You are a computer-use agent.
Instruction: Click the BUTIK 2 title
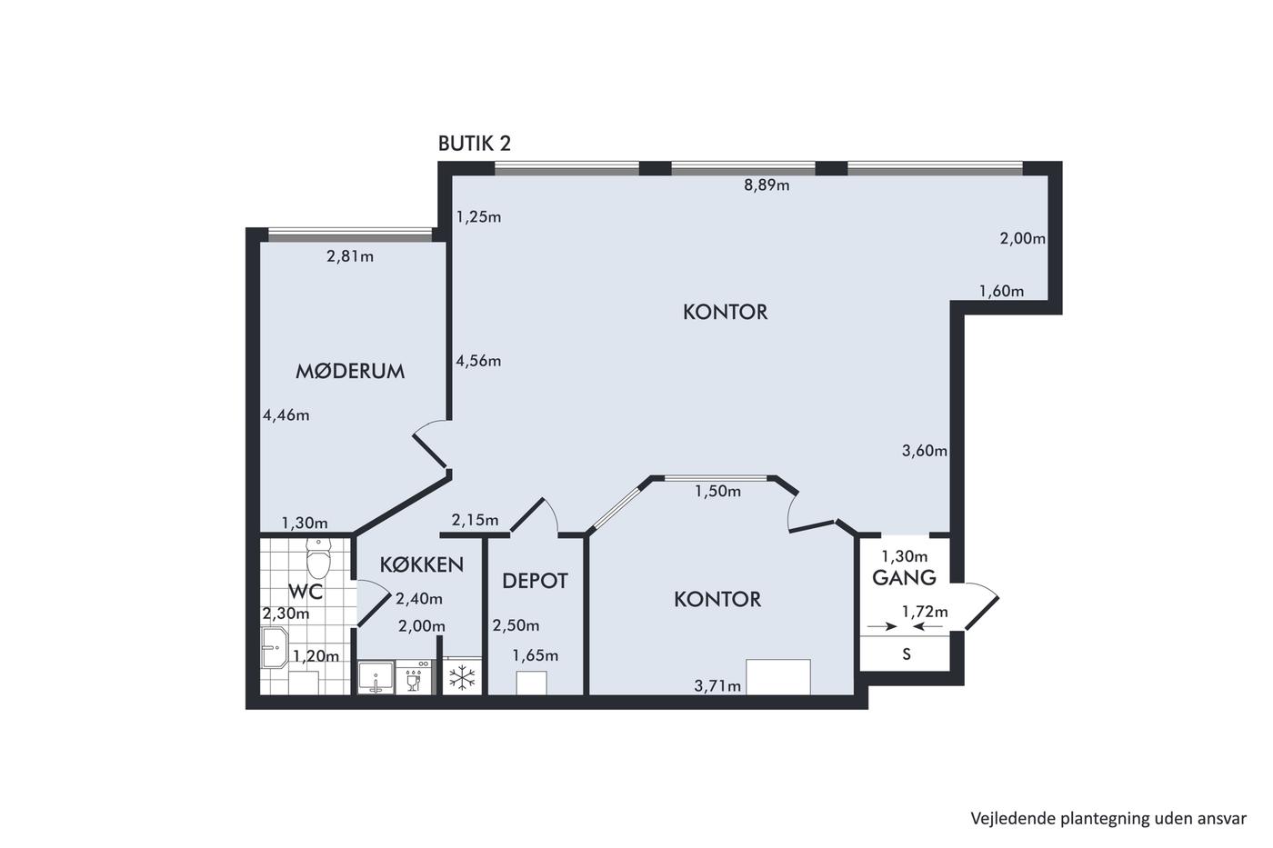coord(475,144)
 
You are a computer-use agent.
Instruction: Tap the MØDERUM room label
coord(350,372)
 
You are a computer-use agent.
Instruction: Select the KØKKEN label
coord(422,564)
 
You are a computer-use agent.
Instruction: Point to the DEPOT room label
coord(535,581)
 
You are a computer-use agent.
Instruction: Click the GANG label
coord(904,578)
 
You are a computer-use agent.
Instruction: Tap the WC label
coord(306,592)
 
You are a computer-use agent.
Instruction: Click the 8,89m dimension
coord(767,185)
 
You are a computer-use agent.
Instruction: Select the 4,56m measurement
coord(478,361)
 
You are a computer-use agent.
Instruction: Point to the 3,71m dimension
coord(717,686)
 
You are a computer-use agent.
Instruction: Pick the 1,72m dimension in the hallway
coord(926,612)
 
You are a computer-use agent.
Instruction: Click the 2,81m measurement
coord(350,256)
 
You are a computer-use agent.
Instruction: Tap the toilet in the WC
coord(318,557)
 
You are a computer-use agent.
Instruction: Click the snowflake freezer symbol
coord(462,679)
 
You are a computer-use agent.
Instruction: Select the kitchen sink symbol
coord(376,677)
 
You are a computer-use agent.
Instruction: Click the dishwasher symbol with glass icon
coord(413,677)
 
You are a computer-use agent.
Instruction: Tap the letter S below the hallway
coord(907,654)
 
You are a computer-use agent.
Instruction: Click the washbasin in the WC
coord(275,647)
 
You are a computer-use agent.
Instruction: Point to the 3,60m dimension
coord(925,451)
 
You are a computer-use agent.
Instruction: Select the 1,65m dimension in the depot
coord(536,656)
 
